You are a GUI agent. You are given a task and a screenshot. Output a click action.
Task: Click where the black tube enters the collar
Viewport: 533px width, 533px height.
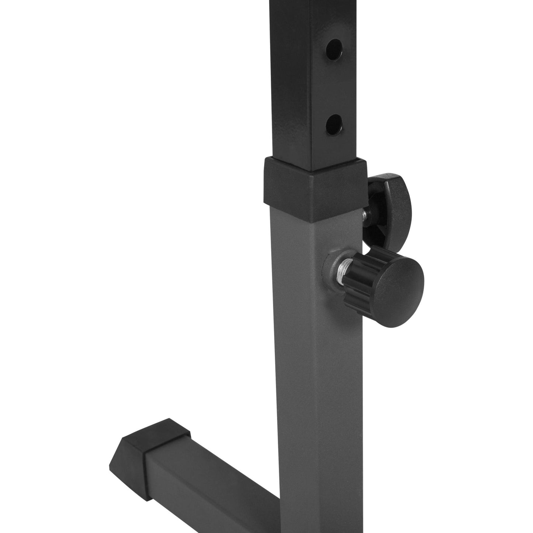coord(314,170)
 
